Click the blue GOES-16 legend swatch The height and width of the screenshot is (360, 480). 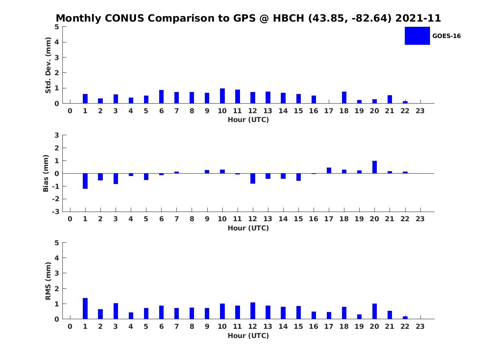pos(417,36)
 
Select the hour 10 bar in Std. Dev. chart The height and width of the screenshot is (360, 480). pos(222,96)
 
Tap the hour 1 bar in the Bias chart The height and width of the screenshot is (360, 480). pos(85,181)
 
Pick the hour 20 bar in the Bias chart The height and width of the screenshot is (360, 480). pos(374,167)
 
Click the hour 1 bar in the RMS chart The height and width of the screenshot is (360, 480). pos(85,308)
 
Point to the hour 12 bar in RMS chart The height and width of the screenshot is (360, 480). pos(252,311)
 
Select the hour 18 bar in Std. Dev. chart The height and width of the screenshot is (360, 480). pos(344,98)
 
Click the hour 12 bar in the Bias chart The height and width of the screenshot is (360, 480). pos(252,178)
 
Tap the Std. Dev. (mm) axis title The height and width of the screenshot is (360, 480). pos(48,65)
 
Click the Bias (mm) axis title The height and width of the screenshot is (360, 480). pos(46,173)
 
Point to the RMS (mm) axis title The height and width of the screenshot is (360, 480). pos(48,281)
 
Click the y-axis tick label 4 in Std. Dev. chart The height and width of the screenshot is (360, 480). pos(57,42)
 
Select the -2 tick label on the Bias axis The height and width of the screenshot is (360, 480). pos(56,199)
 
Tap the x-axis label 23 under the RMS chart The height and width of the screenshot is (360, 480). pos(420,326)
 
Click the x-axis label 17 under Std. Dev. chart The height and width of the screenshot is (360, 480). pos(328,111)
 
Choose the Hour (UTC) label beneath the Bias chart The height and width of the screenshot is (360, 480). pos(248,228)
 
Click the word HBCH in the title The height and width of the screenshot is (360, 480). pos(288,18)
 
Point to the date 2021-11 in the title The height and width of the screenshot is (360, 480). pos(418,18)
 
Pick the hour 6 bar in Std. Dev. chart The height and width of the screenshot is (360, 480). pos(161,97)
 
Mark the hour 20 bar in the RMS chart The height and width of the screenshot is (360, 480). pos(374,311)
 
